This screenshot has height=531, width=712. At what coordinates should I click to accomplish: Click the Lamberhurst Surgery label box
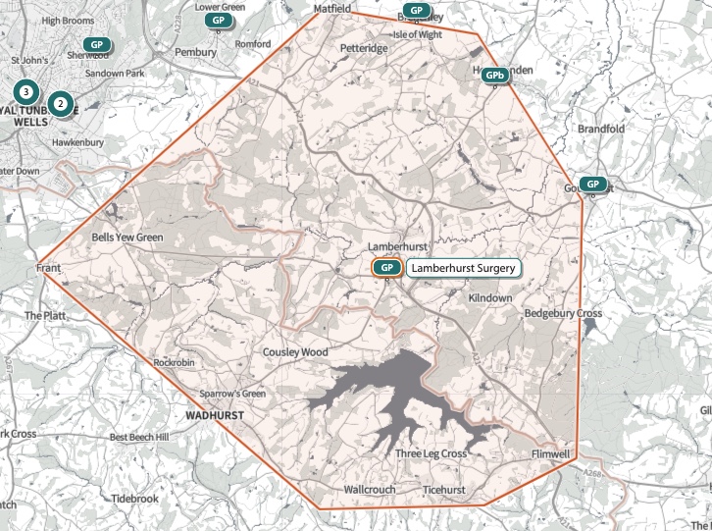(x=463, y=267)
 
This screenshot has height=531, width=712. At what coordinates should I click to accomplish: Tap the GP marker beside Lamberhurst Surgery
(x=386, y=267)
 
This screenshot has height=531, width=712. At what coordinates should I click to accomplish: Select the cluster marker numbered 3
(x=26, y=92)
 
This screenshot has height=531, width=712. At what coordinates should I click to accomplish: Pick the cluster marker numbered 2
(x=61, y=102)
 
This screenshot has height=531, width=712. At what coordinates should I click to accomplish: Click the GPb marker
(x=495, y=75)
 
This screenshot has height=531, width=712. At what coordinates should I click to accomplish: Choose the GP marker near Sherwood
(x=96, y=44)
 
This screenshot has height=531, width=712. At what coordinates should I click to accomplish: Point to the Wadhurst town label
(x=213, y=415)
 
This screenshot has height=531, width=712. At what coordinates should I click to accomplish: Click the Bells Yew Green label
(x=127, y=238)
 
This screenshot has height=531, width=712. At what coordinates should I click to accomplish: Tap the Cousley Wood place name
(x=295, y=351)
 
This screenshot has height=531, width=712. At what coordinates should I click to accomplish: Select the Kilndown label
(x=490, y=297)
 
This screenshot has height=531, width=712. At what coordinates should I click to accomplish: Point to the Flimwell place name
(x=549, y=454)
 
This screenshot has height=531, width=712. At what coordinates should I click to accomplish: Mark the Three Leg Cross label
(x=431, y=453)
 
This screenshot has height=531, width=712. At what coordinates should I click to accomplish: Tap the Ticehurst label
(x=444, y=489)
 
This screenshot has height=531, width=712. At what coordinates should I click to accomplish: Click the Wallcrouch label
(x=370, y=489)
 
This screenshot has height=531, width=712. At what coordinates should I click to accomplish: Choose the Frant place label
(x=49, y=267)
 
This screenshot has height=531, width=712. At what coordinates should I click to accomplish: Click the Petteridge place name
(x=364, y=47)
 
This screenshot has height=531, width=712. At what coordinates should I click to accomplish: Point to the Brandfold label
(x=601, y=129)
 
